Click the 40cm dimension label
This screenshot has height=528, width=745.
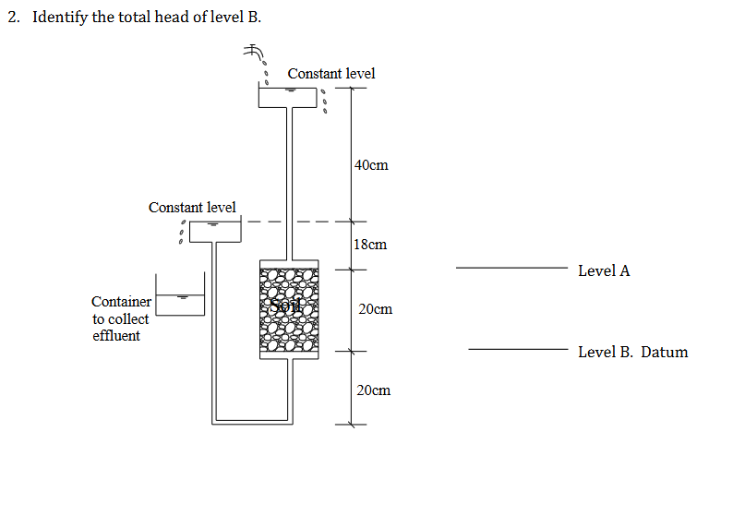[371, 165]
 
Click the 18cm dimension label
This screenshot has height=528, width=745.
[370, 245]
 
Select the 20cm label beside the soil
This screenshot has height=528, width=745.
[375, 309]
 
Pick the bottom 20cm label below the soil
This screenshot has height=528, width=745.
[373, 390]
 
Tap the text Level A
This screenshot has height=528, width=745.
[604, 270]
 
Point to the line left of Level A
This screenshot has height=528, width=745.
[511, 269]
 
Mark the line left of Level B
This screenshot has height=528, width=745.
[517, 350]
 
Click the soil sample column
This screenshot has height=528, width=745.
[289, 309]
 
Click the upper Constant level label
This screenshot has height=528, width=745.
[331, 73]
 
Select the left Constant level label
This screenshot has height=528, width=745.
[192, 207]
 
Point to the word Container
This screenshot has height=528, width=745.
[121, 301]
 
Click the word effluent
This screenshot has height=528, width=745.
[116, 336]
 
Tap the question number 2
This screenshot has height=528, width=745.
[13, 18]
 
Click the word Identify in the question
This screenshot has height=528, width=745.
[60, 18]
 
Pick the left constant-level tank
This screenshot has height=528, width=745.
[216, 231]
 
